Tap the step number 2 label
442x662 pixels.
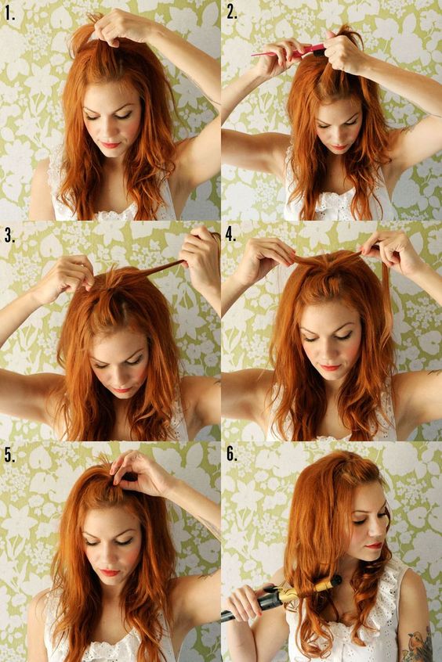[x=231, y=12]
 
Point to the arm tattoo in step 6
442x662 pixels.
[x=417, y=643]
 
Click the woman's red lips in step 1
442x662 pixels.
[x=110, y=144]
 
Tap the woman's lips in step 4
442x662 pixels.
[x=329, y=367]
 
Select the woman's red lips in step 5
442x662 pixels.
[x=109, y=572]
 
